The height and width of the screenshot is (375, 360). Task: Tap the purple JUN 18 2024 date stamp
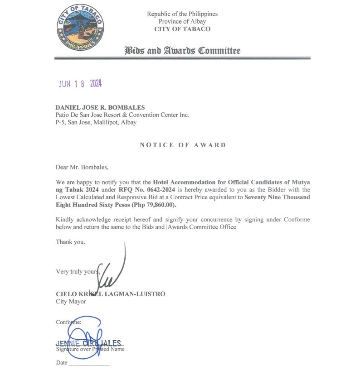click(x=80, y=84)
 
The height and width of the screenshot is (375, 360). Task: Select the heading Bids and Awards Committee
click(x=182, y=50)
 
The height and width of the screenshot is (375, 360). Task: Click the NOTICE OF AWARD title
click(x=183, y=145)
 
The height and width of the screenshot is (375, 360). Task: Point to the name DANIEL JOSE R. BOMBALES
click(x=100, y=107)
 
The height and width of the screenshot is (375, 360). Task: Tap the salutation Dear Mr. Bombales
click(x=83, y=167)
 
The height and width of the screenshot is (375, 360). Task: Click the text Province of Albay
click(x=182, y=21)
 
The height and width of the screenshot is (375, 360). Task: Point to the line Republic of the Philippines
click(x=182, y=14)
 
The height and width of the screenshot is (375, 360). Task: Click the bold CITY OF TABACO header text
click(x=182, y=29)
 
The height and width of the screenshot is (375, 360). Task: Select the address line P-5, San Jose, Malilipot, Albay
click(x=96, y=122)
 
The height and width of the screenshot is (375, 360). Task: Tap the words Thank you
click(x=70, y=242)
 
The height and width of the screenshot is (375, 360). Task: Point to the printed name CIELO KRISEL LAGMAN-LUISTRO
click(x=111, y=294)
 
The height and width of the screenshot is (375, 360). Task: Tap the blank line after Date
click(x=89, y=363)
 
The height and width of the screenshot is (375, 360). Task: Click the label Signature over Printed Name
click(x=90, y=349)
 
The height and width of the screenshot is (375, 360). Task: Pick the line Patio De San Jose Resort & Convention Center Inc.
click(x=122, y=115)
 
